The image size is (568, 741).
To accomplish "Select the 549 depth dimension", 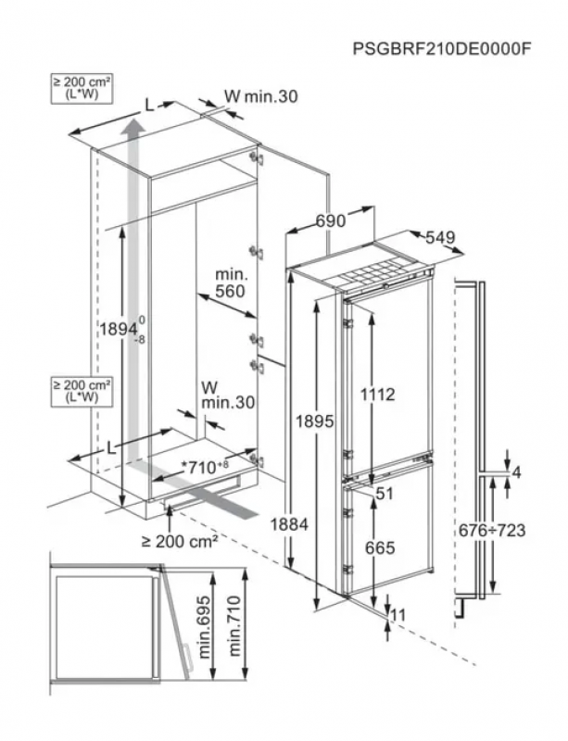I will coord(440,238).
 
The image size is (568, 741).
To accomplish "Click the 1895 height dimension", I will coord(315,421).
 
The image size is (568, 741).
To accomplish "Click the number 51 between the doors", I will coord(385,494).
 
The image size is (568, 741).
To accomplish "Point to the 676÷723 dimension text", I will coord(492,530).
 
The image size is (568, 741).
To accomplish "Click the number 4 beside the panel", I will coord(516,473).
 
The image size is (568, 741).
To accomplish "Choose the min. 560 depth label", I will coord(230,283).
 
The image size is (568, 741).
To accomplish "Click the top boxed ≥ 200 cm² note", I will coord(81,89).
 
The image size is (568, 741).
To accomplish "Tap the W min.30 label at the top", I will coord(260,96).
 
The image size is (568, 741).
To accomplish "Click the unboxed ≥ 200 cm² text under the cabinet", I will coord(179,540).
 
